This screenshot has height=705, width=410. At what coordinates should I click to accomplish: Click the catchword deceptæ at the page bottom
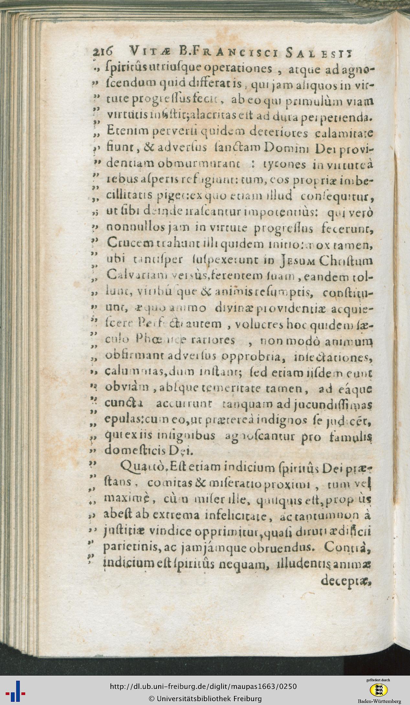click(x=345, y=580)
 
